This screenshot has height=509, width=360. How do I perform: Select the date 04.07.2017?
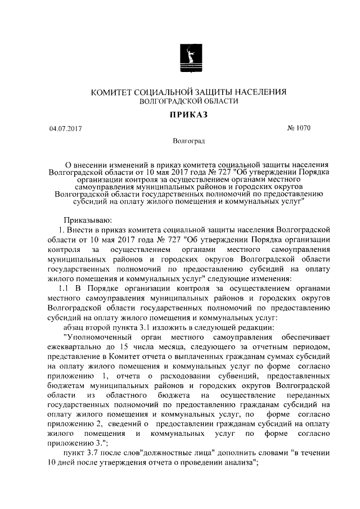(65, 129)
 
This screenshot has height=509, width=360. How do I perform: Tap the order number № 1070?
(299, 128)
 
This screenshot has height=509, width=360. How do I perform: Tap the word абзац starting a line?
(75, 328)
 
